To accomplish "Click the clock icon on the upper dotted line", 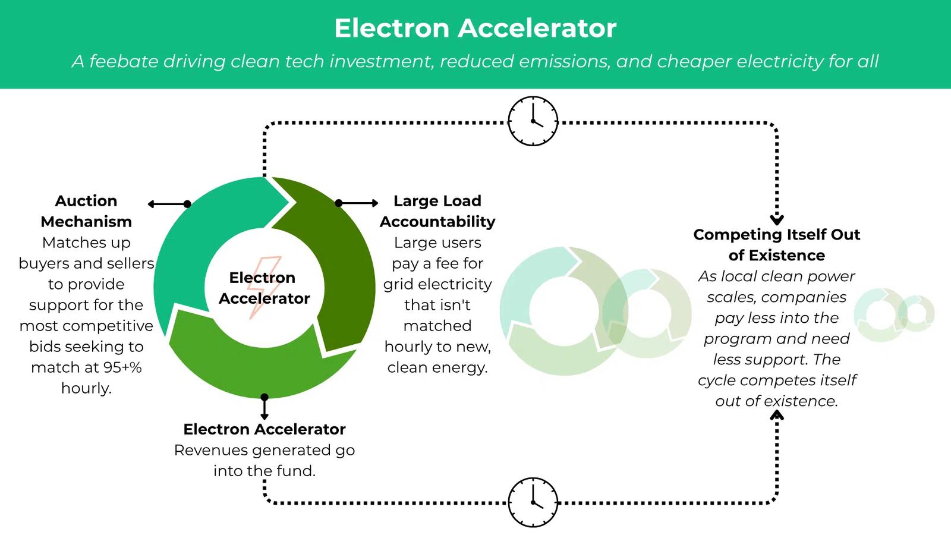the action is pyautogui.click(x=533, y=121).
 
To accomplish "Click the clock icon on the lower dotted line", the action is pyautogui.click(x=533, y=502).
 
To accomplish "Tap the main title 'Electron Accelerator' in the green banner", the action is pyautogui.click(x=475, y=28).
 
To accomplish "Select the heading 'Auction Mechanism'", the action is pyautogui.click(x=86, y=211).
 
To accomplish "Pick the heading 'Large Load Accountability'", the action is pyautogui.click(x=437, y=211).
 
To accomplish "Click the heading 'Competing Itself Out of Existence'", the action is pyautogui.click(x=776, y=244).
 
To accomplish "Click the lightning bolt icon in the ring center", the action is pyautogui.click(x=264, y=287).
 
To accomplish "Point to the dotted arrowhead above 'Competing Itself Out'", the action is pyautogui.click(x=776, y=219).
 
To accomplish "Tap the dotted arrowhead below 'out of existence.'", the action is pyautogui.click(x=776, y=415).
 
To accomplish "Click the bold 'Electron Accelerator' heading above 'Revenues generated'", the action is pyautogui.click(x=264, y=429).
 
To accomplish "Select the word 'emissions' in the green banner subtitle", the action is pyautogui.click(x=565, y=61).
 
